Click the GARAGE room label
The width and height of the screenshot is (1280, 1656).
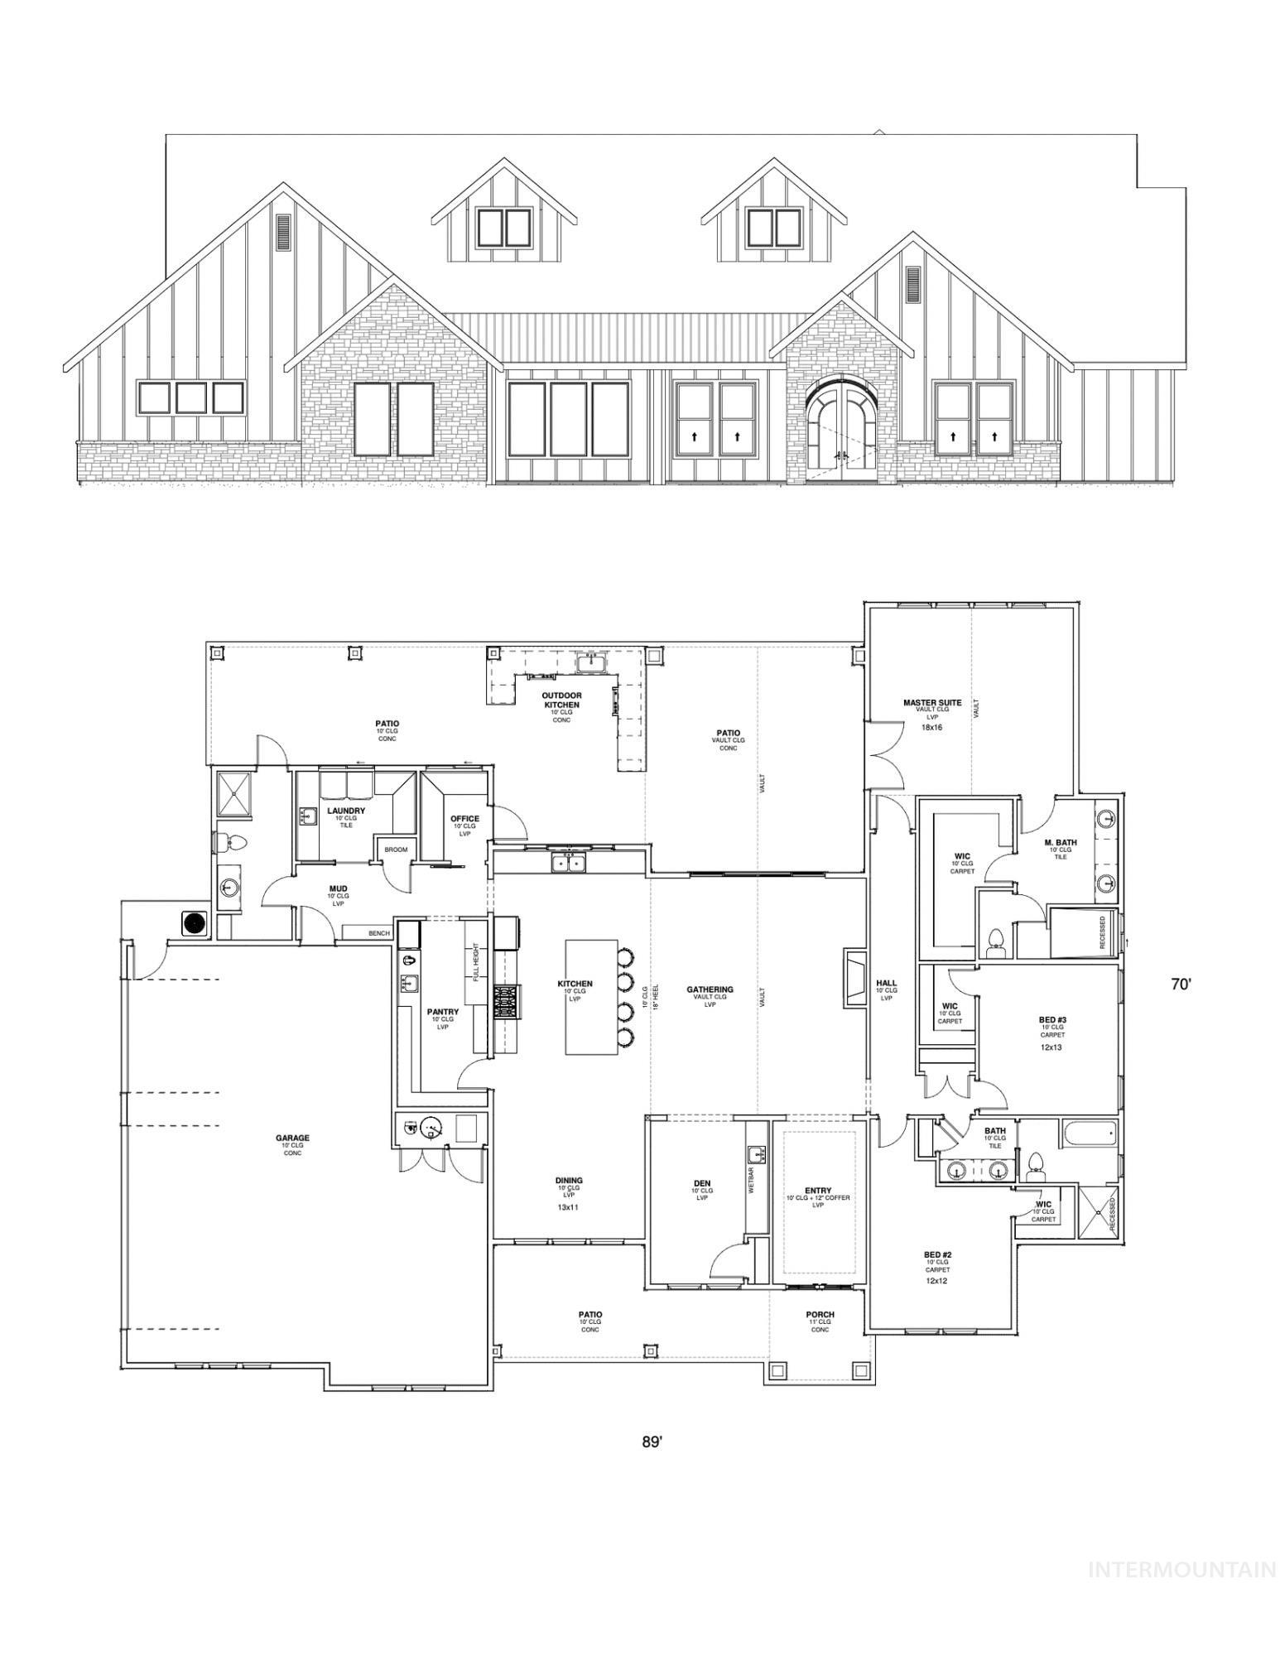[x=292, y=1138]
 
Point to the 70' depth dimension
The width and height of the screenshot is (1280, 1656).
[x=1181, y=984]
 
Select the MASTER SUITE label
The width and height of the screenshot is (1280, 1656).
[x=932, y=703]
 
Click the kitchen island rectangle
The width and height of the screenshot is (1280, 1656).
[x=591, y=996]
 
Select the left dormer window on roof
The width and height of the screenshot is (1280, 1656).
[x=503, y=228]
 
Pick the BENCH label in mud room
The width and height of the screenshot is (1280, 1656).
[x=378, y=933]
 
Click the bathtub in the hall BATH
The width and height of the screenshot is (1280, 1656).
[x=1088, y=1133]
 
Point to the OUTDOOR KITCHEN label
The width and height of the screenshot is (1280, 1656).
[x=561, y=700]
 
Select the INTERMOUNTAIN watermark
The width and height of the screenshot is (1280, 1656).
[x=1181, y=1568]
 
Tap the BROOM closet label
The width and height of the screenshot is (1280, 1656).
[x=396, y=850]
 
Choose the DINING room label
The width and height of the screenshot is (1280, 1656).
[x=569, y=1180]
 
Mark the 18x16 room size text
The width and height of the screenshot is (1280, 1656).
[x=932, y=727]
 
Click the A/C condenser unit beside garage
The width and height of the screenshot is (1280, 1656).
[x=194, y=923]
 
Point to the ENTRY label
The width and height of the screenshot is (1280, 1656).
[x=818, y=1190]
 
